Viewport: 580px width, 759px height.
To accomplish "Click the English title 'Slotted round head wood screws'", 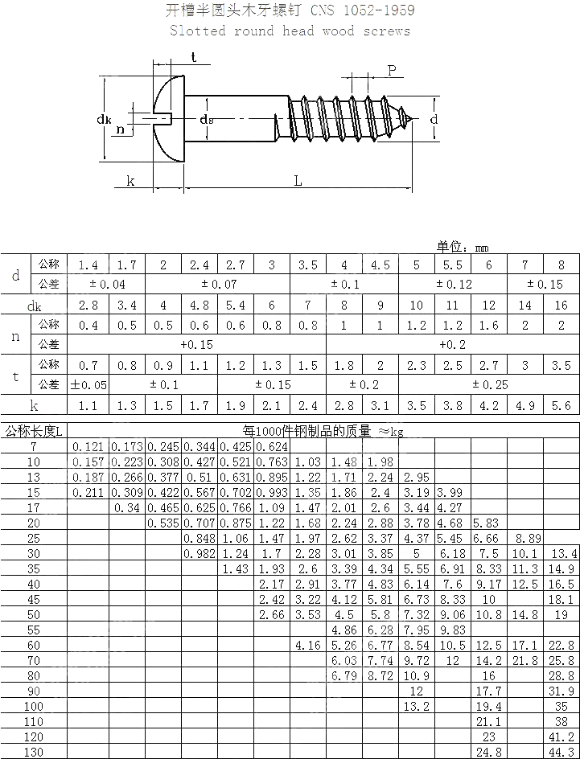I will click(x=290, y=31).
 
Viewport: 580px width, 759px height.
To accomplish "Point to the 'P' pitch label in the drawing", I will click(x=392, y=71).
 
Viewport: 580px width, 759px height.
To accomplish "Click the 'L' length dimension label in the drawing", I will click(x=298, y=181).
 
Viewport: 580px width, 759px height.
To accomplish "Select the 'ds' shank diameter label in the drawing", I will click(x=207, y=120).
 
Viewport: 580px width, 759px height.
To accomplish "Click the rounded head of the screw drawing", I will click(x=165, y=120).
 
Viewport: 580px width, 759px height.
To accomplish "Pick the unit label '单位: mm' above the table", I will click(x=463, y=248).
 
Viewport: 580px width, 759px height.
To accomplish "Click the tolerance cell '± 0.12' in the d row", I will click(x=453, y=285).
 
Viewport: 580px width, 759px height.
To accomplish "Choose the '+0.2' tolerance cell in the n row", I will click(x=453, y=344).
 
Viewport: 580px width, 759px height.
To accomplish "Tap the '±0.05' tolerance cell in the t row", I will click(x=88, y=384).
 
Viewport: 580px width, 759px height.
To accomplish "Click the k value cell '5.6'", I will click(x=561, y=406).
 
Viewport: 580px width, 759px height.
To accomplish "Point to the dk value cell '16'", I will click(x=561, y=306).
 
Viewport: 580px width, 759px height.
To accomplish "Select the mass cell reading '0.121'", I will click(x=88, y=446).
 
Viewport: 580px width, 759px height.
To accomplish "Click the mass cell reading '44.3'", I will click(x=561, y=752).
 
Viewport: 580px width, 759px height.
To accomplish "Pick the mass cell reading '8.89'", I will click(x=524, y=538).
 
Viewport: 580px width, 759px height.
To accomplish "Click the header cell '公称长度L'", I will click(x=35, y=431).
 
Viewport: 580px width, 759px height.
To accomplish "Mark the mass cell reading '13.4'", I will click(x=561, y=553).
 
